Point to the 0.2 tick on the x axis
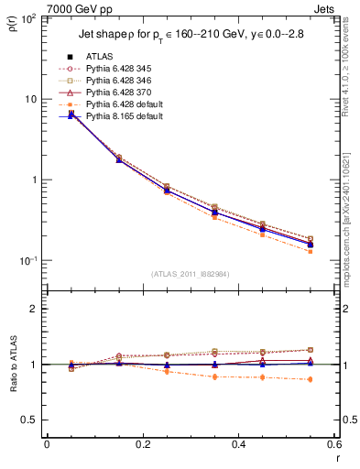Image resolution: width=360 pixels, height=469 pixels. (142, 444)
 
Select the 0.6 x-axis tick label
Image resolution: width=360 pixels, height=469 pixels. (334, 444)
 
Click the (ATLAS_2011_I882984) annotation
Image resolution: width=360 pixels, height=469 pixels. (190, 274)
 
